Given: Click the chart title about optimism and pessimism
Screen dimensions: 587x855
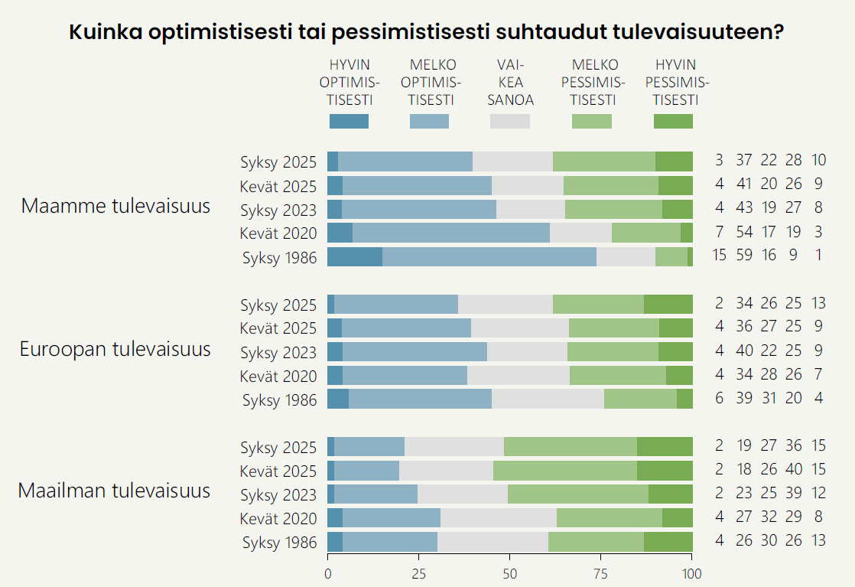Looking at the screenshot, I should pyautogui.click(x=427, y=33).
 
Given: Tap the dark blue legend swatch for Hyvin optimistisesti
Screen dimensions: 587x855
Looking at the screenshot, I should pyautogui.click(x=349, y=121).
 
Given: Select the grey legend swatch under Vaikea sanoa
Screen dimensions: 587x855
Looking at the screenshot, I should pyautogui.click(x=509, y=121).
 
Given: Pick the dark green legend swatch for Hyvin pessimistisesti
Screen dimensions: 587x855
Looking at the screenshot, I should pyautogui.click(x=673, y=121).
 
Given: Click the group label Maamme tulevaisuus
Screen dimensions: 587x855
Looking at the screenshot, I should pyautogui.click(x=115, y=206).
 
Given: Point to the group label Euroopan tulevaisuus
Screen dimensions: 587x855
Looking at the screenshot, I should pyautogui.click(x=115, y=350).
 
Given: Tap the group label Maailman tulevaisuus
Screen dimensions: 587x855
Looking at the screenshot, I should pyautogui.click(x=114, y=490).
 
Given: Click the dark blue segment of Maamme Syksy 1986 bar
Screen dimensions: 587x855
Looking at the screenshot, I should pyautogui.click(x=354, y=257).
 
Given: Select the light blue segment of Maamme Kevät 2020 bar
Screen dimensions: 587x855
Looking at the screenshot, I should pyautogui.click(x=451, y=233).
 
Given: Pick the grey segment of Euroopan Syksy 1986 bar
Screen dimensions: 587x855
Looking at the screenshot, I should pyautogui.click(x=548, y=399).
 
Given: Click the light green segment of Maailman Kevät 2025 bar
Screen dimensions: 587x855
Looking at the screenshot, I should pyautogui.click(x=565, y=471).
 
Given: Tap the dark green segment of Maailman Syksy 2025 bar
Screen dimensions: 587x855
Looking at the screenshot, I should pyautogui.click(x=665, y=447).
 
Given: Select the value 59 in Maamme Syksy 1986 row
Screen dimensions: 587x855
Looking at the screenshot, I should pyautogui.click(x=744, y=256).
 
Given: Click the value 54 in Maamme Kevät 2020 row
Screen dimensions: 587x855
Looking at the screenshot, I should pyautogui.click(x=744, y=232).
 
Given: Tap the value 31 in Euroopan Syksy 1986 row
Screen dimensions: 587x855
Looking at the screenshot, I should pyautogui.click(x=769, y=399).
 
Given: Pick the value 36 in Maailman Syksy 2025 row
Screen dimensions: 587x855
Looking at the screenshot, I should pyautogui.click(x=793, y=447).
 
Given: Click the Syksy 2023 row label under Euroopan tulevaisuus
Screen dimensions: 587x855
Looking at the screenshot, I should pyautogui.click(x=278, y=353).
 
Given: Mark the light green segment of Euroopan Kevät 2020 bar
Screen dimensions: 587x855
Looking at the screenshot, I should pyautogui.click(x=617, y=375).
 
